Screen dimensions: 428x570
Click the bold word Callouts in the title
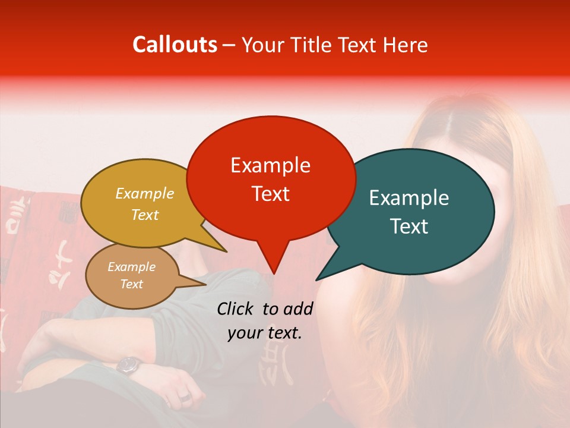[175, 45]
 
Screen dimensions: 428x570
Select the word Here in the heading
[405, 45]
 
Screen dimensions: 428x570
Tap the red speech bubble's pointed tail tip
[274, 274]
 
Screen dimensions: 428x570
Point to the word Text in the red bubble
[270, 193]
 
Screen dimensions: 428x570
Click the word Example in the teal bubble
[409, 198]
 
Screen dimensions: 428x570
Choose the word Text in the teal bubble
[409, 226]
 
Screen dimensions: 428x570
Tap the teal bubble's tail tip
[316, 280]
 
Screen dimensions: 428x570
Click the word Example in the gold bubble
[144, 193]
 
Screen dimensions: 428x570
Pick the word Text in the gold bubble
[144, 215]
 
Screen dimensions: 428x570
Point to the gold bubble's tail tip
[227, 251]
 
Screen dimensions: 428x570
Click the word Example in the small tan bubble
[131, 267]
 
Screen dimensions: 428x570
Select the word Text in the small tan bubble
[131, 284]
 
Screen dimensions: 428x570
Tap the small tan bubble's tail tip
[207, 284]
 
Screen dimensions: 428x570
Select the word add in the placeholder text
[298, 309]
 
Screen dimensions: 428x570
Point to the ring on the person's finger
[185, 396]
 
